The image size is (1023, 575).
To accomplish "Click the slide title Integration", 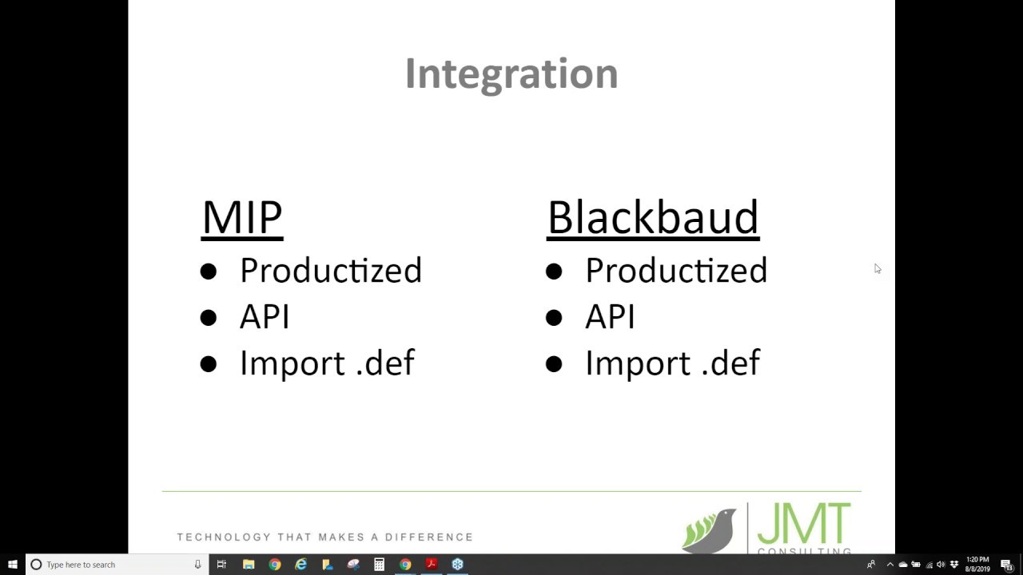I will (x=511, y=73).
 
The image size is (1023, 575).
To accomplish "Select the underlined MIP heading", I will (x=242, y=217).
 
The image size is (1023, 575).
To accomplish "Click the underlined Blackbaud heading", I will (x=653, y=217).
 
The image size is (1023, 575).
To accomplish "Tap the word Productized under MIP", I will (x=330, y=271).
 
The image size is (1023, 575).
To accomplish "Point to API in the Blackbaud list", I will (x=610, y=317).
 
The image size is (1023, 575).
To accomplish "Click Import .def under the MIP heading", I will (x=327, y=363).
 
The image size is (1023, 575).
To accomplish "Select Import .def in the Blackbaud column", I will (x=672, y=363).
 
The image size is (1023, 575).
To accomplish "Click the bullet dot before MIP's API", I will (x=209, y=318).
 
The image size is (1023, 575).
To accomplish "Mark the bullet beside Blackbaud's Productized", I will (x=554, y=272).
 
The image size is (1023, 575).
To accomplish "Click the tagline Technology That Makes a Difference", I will (x=325, y=537).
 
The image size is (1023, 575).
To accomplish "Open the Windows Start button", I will (x=13, y=565).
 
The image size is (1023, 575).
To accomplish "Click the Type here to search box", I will (x=112, y=565).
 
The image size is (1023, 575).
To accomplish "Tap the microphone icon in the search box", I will (x=197, y=565).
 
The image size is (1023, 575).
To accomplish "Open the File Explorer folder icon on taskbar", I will (x=249, y=565).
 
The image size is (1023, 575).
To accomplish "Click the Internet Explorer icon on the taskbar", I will (x=301, y=565).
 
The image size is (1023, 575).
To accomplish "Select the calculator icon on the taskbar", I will (x=379, y=565).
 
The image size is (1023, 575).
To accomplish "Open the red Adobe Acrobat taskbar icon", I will (x=431, y=565).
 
